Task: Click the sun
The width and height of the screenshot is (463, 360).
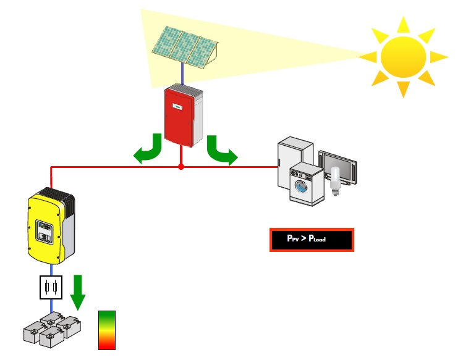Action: (403, 56)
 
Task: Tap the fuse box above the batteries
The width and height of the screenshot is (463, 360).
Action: (51, 288)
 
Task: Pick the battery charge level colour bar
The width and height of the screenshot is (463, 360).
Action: (107, 330)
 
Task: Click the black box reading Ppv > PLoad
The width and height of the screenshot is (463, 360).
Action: (311, 240)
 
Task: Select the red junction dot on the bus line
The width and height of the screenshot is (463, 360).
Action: (181, 167)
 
